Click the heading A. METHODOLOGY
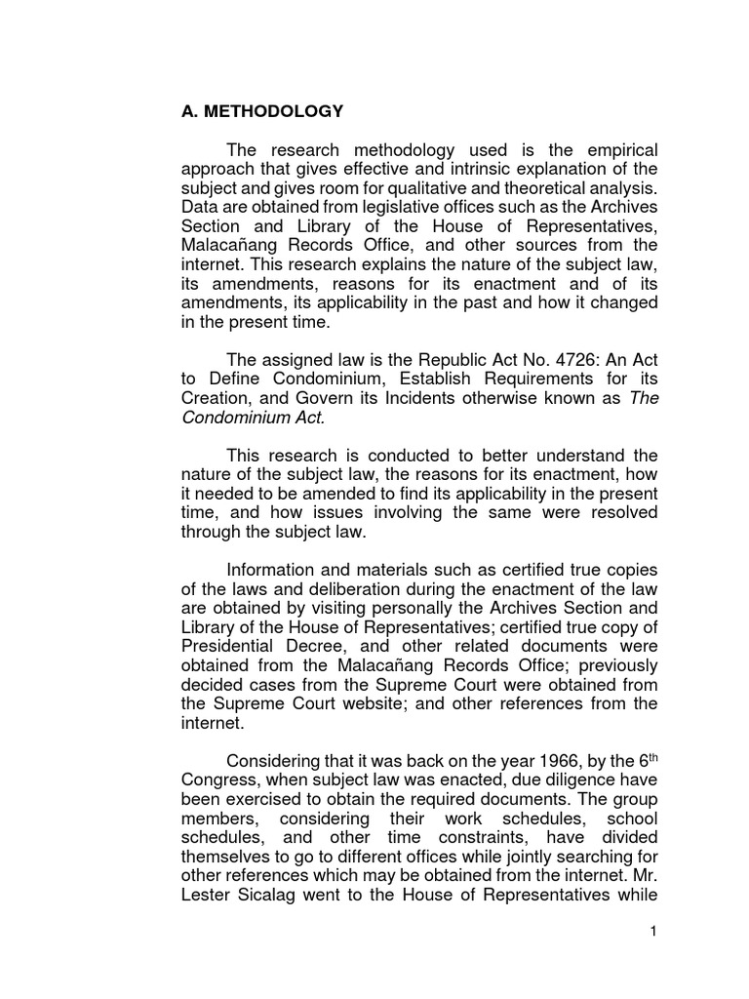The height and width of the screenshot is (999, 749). point(262,111)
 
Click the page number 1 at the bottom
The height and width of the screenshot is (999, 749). point(655,932)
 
